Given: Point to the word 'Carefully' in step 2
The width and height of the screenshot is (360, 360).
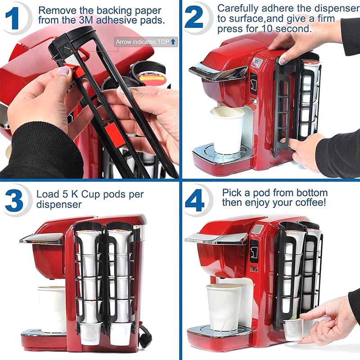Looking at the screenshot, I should pos(237,8).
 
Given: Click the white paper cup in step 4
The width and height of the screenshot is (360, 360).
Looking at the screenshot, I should pos(224,306).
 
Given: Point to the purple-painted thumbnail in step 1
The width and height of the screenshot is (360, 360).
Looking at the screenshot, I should pos(63,71).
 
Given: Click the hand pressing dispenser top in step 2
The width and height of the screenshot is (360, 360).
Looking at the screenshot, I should pos(288,45).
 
